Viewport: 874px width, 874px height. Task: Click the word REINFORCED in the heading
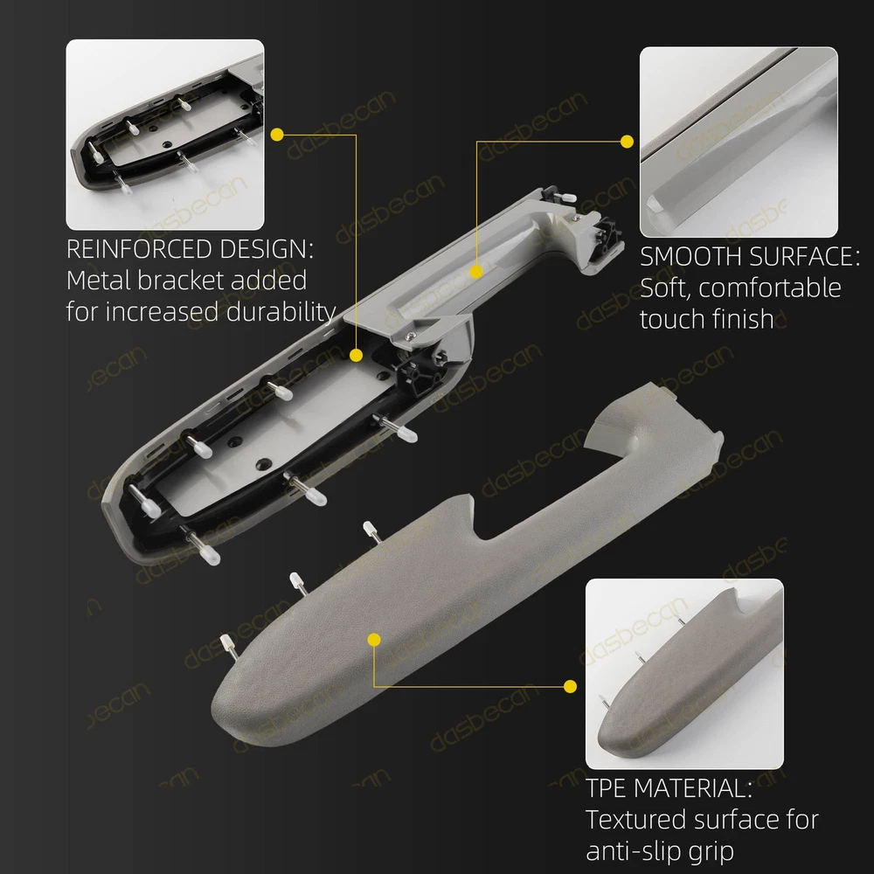tap(139, 248)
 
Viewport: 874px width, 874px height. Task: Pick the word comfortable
tap(770, 288)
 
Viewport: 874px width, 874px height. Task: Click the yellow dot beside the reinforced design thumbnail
tap(277, 135)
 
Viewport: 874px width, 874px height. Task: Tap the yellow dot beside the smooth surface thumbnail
tap(627, 142)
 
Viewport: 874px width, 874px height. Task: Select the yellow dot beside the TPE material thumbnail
tap(570, 686)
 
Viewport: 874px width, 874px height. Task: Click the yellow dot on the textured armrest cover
tap(375, 640)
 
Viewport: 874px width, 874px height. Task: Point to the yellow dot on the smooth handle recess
tap(476, 272)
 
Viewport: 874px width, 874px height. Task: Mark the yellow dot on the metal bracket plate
tap(357, 355)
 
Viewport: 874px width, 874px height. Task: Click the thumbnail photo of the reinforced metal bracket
tap(165, 135)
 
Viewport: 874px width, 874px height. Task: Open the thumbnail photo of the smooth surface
tap(739, 142)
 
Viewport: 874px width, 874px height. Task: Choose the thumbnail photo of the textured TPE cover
tap(684, 674)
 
